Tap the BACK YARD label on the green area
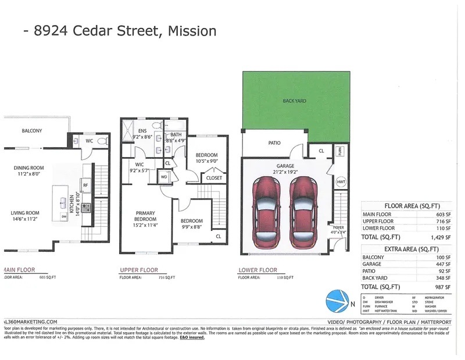[x=295, y=101]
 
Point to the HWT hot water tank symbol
[x=341, y=182]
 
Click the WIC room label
[x=139, y=165]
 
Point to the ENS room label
[x=143, y=130]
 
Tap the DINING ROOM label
[x=29, y=169]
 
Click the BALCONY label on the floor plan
[x=32, y=131]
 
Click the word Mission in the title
[x=192, y=30]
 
